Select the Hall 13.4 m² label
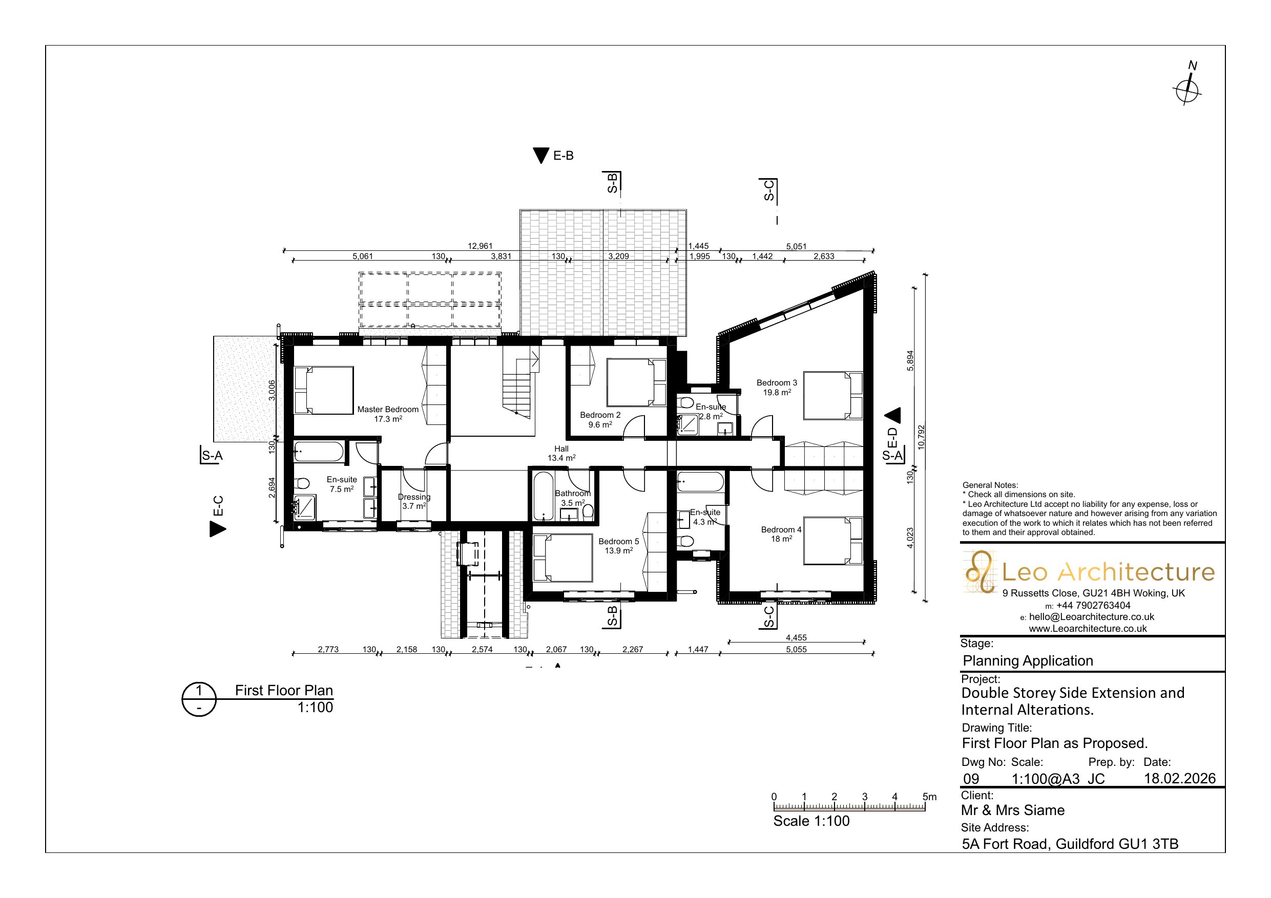561,453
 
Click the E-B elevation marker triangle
540,156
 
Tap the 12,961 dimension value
480,246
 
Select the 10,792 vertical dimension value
921,437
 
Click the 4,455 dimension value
796,637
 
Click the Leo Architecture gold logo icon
981,571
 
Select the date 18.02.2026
1180,779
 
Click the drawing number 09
971,779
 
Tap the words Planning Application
1028,660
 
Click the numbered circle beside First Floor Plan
199,700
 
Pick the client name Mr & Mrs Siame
1012,810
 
